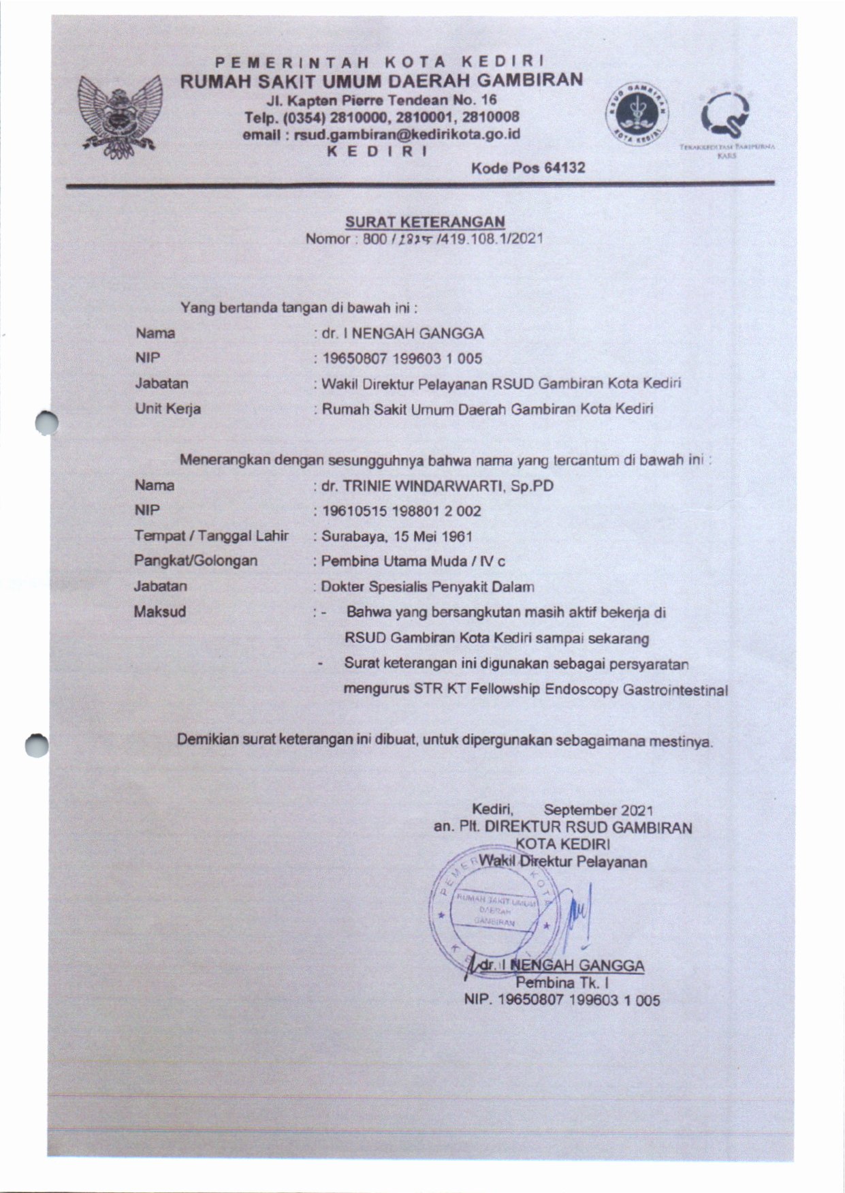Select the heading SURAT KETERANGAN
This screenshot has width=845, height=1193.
[425, 221]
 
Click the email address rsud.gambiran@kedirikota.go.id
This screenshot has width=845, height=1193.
[382, 134]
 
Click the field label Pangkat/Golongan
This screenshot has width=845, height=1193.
[196, 561]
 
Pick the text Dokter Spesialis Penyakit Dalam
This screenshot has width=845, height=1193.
[428, 586]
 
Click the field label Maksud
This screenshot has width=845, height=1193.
[160, 611]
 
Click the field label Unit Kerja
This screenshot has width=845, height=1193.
[168, 409]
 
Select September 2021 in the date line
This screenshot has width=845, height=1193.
[599, 810]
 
